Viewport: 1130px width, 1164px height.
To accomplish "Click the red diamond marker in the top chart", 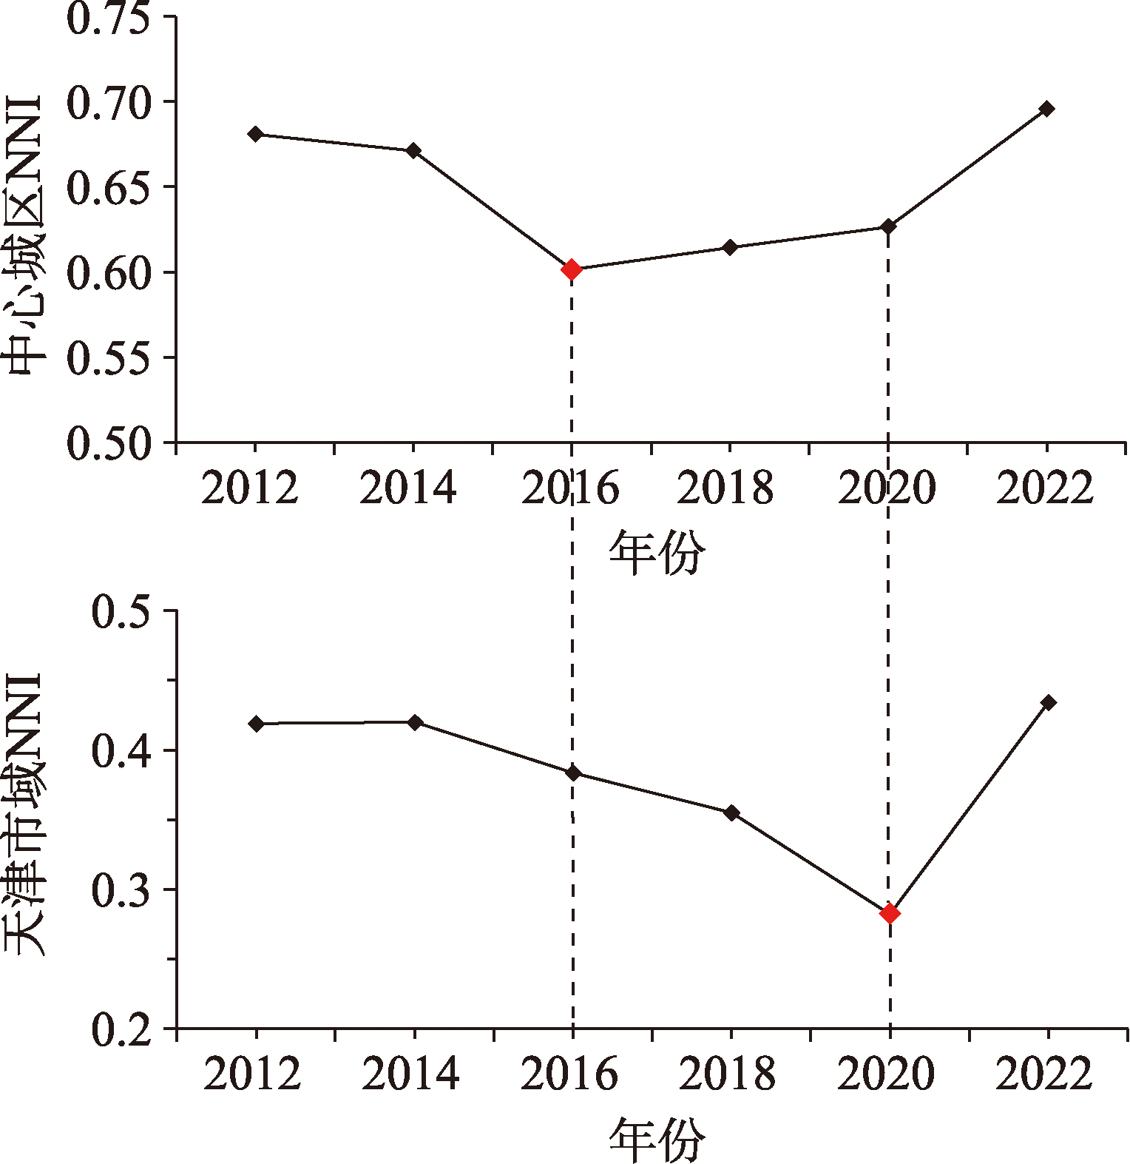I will [571, 270].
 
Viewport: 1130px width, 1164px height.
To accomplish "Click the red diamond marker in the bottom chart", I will [890, 914].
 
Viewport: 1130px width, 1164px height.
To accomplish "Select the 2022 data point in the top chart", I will [1046, 109].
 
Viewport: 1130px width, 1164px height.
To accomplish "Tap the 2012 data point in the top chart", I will [256, 134].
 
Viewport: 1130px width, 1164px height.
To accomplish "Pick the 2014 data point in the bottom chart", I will [415, 722].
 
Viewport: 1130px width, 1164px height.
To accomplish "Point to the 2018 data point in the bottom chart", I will [731, 813].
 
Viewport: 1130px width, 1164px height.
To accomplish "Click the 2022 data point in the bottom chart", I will [1048, 702].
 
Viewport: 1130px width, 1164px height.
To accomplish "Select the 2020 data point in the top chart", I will [888, 226].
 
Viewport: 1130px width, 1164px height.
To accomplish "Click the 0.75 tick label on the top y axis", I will [108, 18].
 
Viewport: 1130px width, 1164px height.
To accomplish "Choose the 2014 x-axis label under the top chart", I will [407, 489].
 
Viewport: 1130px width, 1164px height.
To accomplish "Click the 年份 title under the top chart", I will [657, 554].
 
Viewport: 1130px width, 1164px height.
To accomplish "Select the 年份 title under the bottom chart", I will [657, 1140].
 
